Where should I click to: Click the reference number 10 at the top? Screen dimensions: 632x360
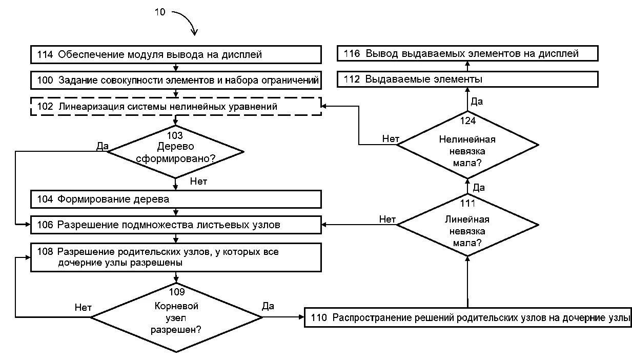coord(160,12)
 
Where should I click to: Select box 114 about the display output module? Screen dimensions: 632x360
coord(176,54)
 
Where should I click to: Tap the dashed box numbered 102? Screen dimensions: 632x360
coord(176,107)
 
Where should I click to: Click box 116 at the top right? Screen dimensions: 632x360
coord(467,53)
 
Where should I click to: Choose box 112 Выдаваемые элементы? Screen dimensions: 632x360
coord(467,79)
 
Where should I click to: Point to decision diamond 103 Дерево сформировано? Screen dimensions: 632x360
coord(175,152)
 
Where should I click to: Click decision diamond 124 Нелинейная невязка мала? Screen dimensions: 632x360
coord(467,145)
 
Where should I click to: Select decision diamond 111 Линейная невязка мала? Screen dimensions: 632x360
coord(467,225)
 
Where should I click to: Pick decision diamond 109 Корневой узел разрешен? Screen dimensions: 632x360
coord(176,317)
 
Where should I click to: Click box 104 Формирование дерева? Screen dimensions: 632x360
coord(176,199)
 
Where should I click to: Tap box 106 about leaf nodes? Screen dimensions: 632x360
coord(176,225)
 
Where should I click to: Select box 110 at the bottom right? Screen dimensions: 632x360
coord(468,317)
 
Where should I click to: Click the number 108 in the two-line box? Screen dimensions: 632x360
coord(45,252)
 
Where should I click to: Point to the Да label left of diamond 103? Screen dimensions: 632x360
coord(102,146)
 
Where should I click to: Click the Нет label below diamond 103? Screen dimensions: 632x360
coord(198,181)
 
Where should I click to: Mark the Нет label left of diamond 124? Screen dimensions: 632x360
coord(391,138)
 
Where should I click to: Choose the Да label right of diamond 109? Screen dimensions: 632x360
coord(268,306)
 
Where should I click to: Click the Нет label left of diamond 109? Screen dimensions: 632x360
coord(83,308)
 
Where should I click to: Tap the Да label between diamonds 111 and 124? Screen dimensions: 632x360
coord(479,188)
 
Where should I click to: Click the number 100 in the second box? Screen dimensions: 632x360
coord(45,80)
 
